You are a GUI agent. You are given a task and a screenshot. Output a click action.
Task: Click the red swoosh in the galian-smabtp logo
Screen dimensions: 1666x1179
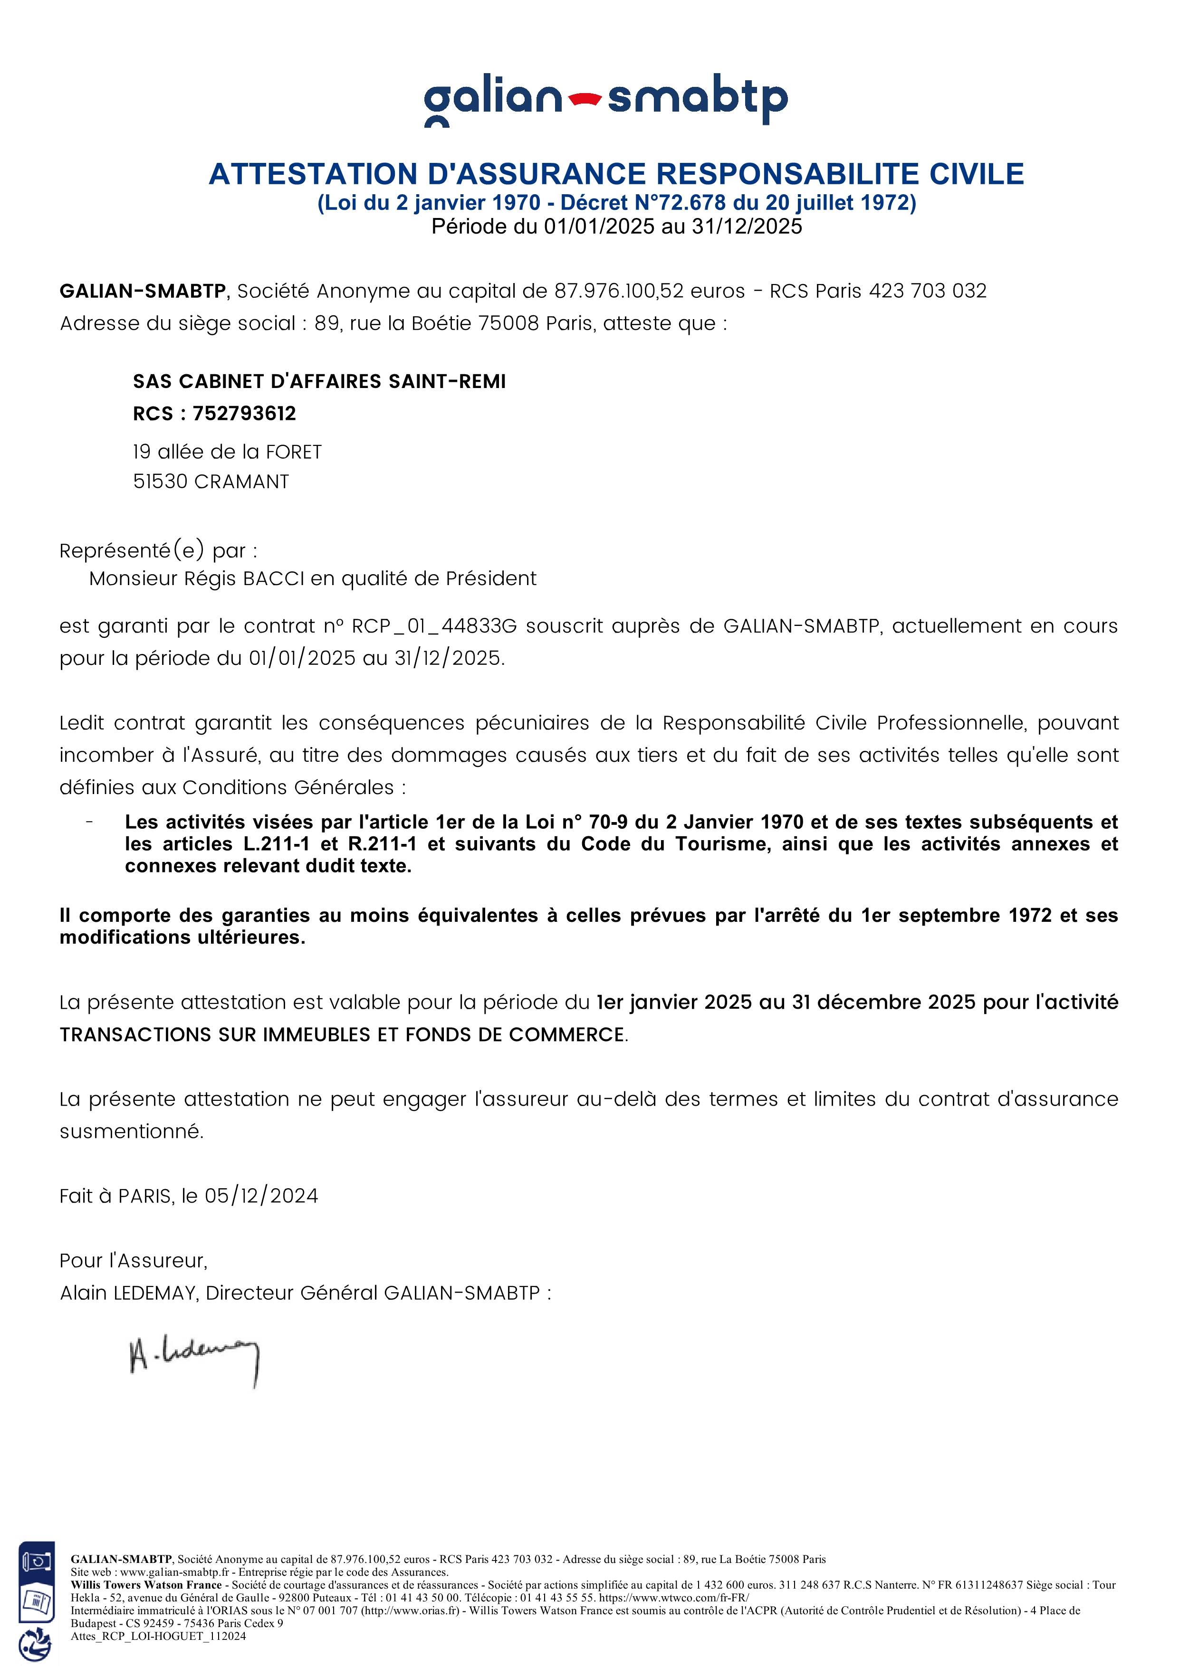point(585,99)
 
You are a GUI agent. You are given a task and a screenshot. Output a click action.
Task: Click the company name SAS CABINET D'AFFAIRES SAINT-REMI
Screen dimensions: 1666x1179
point(319,382)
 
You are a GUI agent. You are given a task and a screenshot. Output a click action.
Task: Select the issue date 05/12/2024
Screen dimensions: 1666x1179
point(261,1196)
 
